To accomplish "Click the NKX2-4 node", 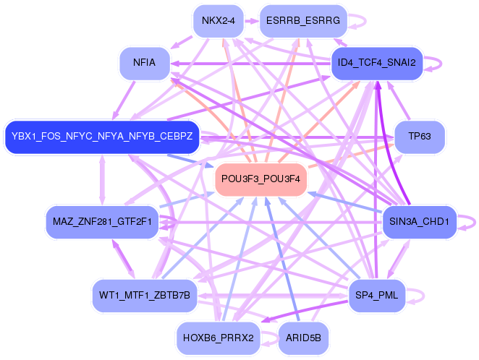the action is pyautogui.click(x=219, y=21).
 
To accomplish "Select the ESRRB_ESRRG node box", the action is pyautogui.click(x=303, y=21).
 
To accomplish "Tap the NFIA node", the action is pyautogui.click(x=145, y=63).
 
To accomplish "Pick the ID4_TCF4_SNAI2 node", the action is pyautogui.click(x=376, y=63).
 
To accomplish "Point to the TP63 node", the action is pyautogui.click(x=419, y=136).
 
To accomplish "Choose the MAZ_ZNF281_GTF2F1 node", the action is pyautogui.click(x=102, y=220).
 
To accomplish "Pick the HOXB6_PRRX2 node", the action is pyautogui.click(x=219, y=336).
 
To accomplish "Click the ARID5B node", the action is pyautogui.click(x=303, y=337).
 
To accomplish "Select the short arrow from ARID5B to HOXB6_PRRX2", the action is pyautogui.click(x=269, y=337).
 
